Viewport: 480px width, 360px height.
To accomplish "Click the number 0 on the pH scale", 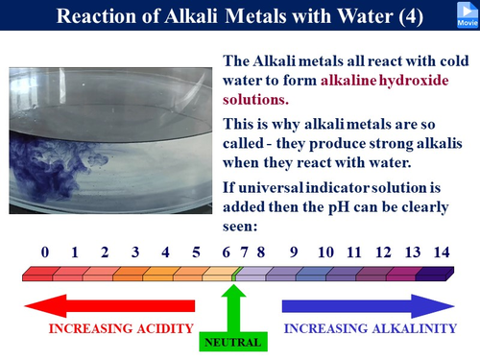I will tap(45, 252).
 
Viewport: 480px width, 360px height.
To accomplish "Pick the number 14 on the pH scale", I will tap(441, 252).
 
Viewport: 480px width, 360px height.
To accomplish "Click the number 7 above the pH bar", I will tap(245, 252).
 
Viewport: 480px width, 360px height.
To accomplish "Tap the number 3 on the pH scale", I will tap(135, 252).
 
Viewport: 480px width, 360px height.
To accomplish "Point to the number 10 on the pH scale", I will tap(325, 252).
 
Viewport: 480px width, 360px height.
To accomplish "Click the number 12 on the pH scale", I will tap(383, 252).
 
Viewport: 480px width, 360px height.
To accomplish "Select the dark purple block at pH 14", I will tap(438, 276).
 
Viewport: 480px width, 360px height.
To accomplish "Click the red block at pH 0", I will tap(38, 276).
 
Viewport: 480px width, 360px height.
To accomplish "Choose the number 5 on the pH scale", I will tap(196, 252).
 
